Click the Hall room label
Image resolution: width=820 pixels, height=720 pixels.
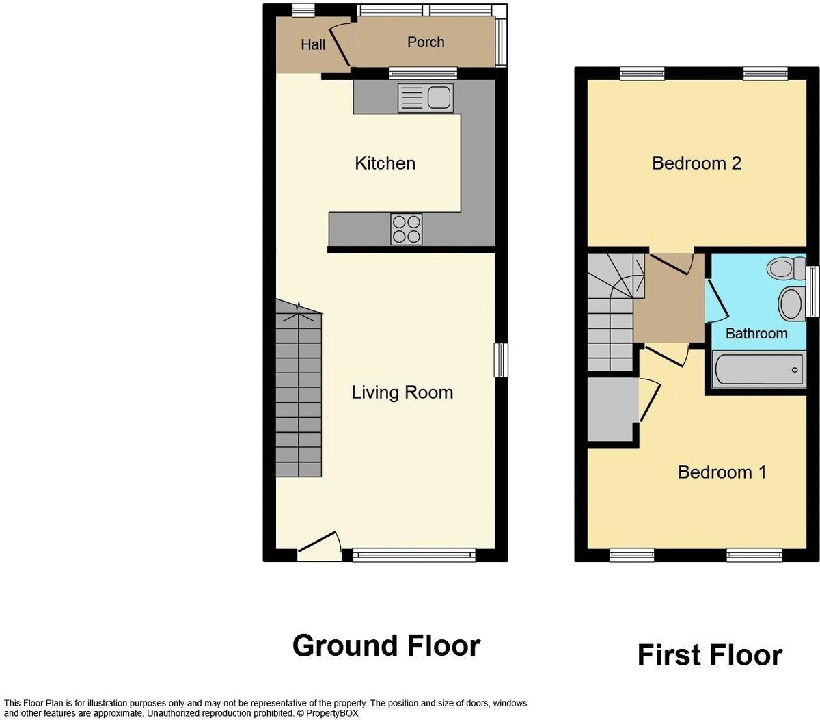coord(313,44)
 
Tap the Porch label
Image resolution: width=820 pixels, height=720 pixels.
coord(426,42)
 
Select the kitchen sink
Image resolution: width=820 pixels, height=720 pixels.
coord(426,98)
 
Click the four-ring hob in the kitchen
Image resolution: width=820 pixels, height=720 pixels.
coord(407,229)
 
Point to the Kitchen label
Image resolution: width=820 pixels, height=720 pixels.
coord(385,163)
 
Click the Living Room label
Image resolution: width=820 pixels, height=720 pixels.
coord(402,392)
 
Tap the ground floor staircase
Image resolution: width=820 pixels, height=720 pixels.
coord(299,388)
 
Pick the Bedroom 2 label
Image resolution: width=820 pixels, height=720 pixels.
coord(696,163)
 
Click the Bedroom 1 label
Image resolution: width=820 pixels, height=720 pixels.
coord(722,472)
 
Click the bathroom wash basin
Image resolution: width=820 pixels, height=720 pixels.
coord(792,304)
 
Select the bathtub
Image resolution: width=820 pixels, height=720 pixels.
coord(759,369)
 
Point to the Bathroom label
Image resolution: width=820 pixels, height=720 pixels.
coord(756,334)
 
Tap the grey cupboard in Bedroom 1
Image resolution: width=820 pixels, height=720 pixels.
coord(613,410)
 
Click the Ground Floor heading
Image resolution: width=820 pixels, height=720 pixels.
coord(386,645)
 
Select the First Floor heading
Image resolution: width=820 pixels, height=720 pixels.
coord(710,655)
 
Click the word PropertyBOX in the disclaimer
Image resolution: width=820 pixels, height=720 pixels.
coord(332,713)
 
